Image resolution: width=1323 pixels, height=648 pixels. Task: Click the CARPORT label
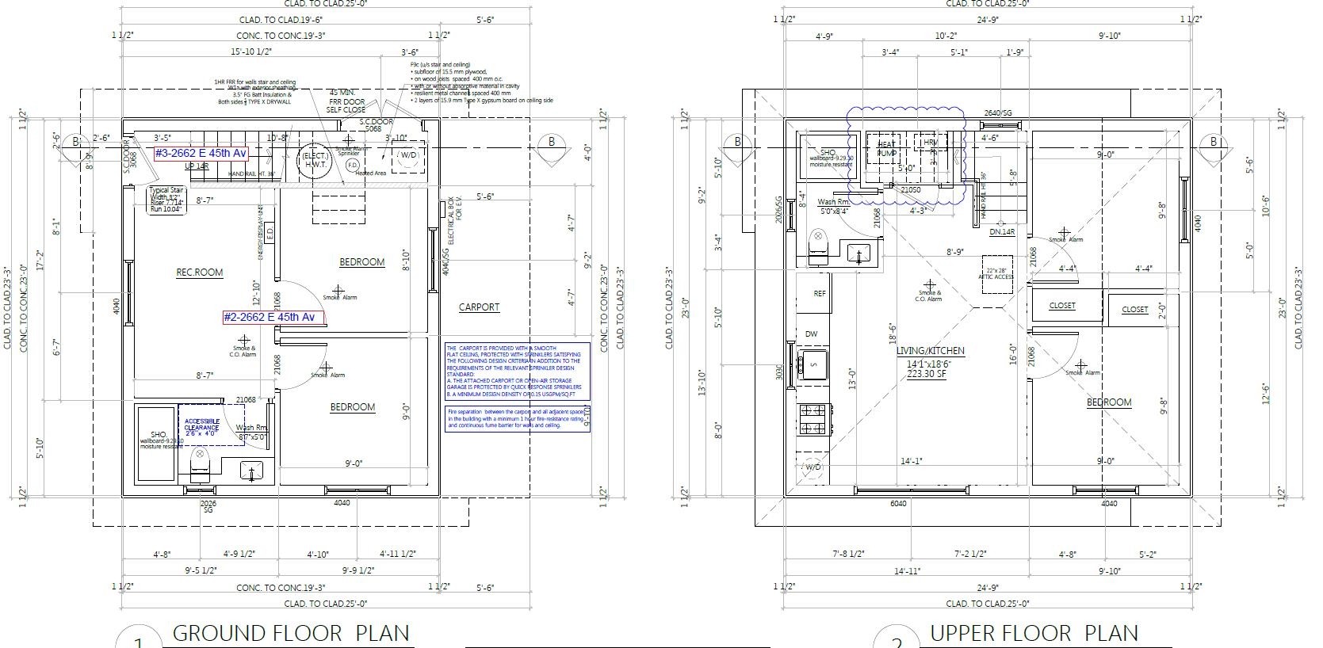click(479, 307)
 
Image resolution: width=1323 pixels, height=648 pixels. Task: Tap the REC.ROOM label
click(199, 273)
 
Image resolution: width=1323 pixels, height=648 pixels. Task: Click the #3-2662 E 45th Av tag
click(201, 153)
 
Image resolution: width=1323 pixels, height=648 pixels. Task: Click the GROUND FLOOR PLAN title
click(290, 633)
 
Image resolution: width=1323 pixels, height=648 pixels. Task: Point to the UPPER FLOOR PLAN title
click(1034, 633)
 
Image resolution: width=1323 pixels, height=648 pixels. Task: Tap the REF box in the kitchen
click(819, 294)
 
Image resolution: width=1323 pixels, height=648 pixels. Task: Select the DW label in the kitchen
click(812, 334)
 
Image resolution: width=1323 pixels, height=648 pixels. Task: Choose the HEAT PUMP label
click(886, 148)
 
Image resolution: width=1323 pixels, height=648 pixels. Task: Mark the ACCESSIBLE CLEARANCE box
click(202, 427)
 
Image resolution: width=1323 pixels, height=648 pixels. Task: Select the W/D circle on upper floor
click(813, 467)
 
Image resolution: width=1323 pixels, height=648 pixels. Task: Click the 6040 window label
click(898, 504)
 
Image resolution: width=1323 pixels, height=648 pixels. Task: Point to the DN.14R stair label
click(1002, 232)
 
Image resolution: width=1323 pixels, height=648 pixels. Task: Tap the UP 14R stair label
click(196, 167)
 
